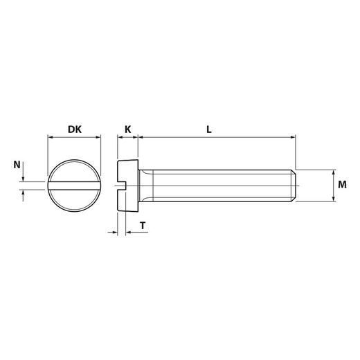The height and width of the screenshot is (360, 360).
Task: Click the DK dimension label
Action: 74,129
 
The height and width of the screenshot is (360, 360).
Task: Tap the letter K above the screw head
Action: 127,129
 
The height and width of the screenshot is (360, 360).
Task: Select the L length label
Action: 208,129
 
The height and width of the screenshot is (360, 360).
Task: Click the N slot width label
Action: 17,164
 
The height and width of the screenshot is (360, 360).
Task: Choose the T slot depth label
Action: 142,225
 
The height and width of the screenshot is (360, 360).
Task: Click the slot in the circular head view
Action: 74,185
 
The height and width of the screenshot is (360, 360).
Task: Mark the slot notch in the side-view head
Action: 121,185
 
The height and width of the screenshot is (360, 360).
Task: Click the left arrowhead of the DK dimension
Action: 50,138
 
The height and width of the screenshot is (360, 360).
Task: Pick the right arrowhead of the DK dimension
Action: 99,138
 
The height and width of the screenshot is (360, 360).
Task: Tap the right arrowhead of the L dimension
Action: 293,138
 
